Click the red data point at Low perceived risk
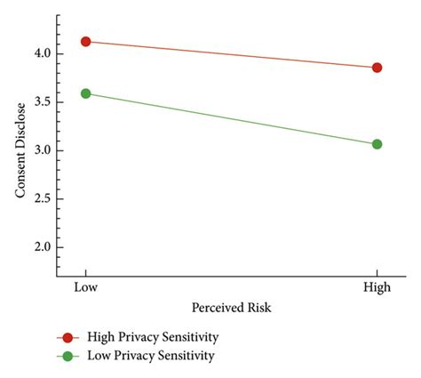pos(85,41)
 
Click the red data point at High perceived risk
pos(377,68)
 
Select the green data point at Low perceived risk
pos(85,92)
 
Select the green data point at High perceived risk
pos(377,144)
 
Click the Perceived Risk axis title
pos(231,307)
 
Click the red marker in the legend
pos(68,338)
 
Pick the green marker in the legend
pos(68,356)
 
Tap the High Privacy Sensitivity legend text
pos(152,338)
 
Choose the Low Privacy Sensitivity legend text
pos(151,356)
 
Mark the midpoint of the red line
pos(231,54)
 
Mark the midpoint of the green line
pos(231,118)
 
